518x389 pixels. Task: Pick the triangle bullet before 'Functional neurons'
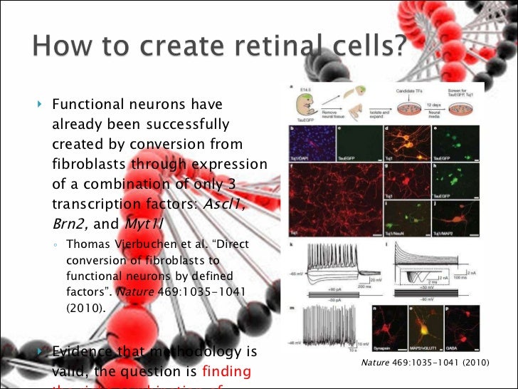[x=41, y=105]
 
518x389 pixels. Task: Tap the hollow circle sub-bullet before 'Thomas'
[x=56, y=244]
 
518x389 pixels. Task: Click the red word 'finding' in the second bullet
[x=227, y=370]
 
